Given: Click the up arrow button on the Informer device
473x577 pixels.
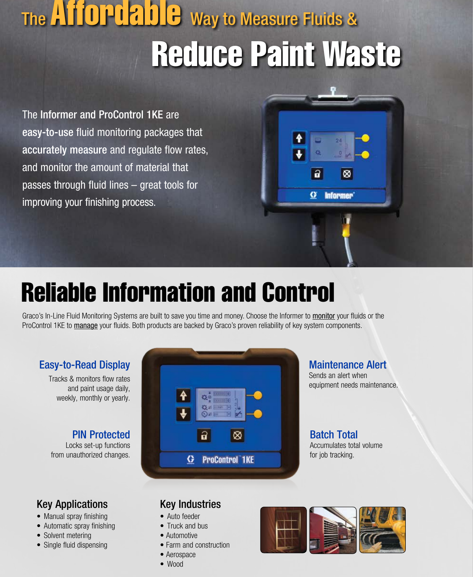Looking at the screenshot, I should coord(299,138).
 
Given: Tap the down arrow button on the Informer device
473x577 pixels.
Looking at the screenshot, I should coord(299,155).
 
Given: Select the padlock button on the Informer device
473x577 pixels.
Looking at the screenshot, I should coord(317,174).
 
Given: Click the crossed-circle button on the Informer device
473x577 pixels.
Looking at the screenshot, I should coord(347,174).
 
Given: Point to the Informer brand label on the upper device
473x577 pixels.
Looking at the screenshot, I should coord(339,196).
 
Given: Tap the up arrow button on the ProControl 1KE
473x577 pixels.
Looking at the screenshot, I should coord(183,395).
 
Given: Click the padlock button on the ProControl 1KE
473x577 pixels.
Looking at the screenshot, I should coord(204,435).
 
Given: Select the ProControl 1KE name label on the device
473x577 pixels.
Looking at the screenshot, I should coord(228,459).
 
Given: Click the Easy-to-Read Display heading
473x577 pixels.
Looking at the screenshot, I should coord(84,365).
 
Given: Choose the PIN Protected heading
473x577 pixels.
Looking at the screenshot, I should coord(101,435).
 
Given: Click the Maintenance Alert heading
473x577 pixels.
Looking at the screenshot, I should coord(347,365).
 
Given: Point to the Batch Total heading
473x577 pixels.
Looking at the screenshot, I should coord(334,435).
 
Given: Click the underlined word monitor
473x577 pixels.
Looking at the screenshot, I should coord(323,316).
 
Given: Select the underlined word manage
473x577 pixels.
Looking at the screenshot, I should coord(86,325).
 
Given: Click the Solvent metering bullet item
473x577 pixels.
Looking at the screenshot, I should coord(67,535).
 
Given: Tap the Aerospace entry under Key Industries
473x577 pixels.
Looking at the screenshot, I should coord(180,554).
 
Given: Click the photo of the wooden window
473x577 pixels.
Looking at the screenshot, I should coord(283,530).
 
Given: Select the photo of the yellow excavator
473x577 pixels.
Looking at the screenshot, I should coord(382,530).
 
